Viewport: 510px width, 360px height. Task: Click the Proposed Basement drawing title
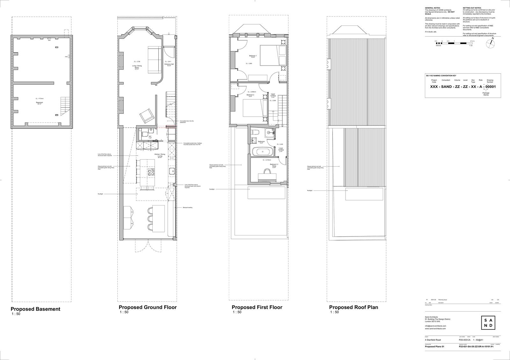35,309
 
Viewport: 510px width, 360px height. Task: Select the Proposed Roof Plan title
353,307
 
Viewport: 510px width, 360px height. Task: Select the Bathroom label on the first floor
262,142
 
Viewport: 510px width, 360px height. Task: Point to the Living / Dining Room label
137,67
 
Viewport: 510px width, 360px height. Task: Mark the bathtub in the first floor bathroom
262,151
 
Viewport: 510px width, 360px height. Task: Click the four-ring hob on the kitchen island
152,172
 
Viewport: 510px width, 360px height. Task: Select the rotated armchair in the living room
147,116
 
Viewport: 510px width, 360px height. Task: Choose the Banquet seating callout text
188,207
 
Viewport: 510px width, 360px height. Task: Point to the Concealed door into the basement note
187,122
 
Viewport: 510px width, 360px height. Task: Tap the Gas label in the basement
67,57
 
